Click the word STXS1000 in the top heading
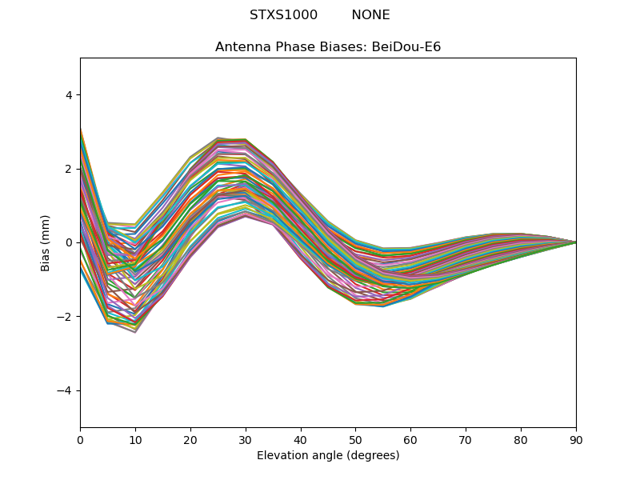coord(283,15)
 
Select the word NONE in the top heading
coord(370,15)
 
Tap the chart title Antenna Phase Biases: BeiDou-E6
coord(328,47)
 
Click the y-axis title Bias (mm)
coord(45,243)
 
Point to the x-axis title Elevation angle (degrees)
coord(328,455)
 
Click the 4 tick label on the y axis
coord(68,95)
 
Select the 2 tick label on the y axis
coord(68,169)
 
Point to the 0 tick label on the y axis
coord(68,243)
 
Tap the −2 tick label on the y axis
coord(64,317)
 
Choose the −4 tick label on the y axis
coord(64,390)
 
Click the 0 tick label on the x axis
coord(81,441)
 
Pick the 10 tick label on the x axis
coord(135,441)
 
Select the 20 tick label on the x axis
coord(190,441)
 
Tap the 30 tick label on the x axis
coord(246,441)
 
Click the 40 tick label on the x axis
coord(301,441)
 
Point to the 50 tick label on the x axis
coord(356,441)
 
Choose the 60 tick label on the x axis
coord(411,441)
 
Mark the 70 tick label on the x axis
coord(466,441)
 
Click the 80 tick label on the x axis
coord(522,441)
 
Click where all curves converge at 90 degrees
coord(576,243)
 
